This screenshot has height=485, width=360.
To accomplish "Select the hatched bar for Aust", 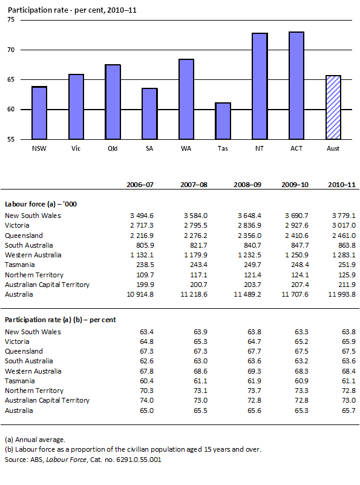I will click(x=333, y=107).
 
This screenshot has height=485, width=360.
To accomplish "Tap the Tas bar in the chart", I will click(x=223, y=121).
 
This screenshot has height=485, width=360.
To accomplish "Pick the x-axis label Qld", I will click(x=113, y=148).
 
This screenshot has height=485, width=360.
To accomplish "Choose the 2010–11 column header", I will click(x=337, y=184).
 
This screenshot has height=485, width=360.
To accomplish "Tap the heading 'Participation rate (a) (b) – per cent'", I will click(x=60, y=319).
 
